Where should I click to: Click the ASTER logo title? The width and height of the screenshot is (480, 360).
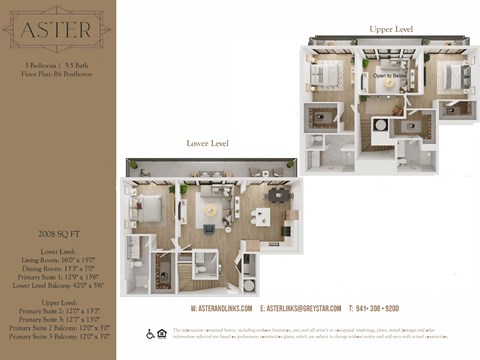56,33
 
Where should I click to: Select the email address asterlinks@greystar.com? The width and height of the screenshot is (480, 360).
300,309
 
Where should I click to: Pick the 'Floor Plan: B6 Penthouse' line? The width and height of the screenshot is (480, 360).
56,74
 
